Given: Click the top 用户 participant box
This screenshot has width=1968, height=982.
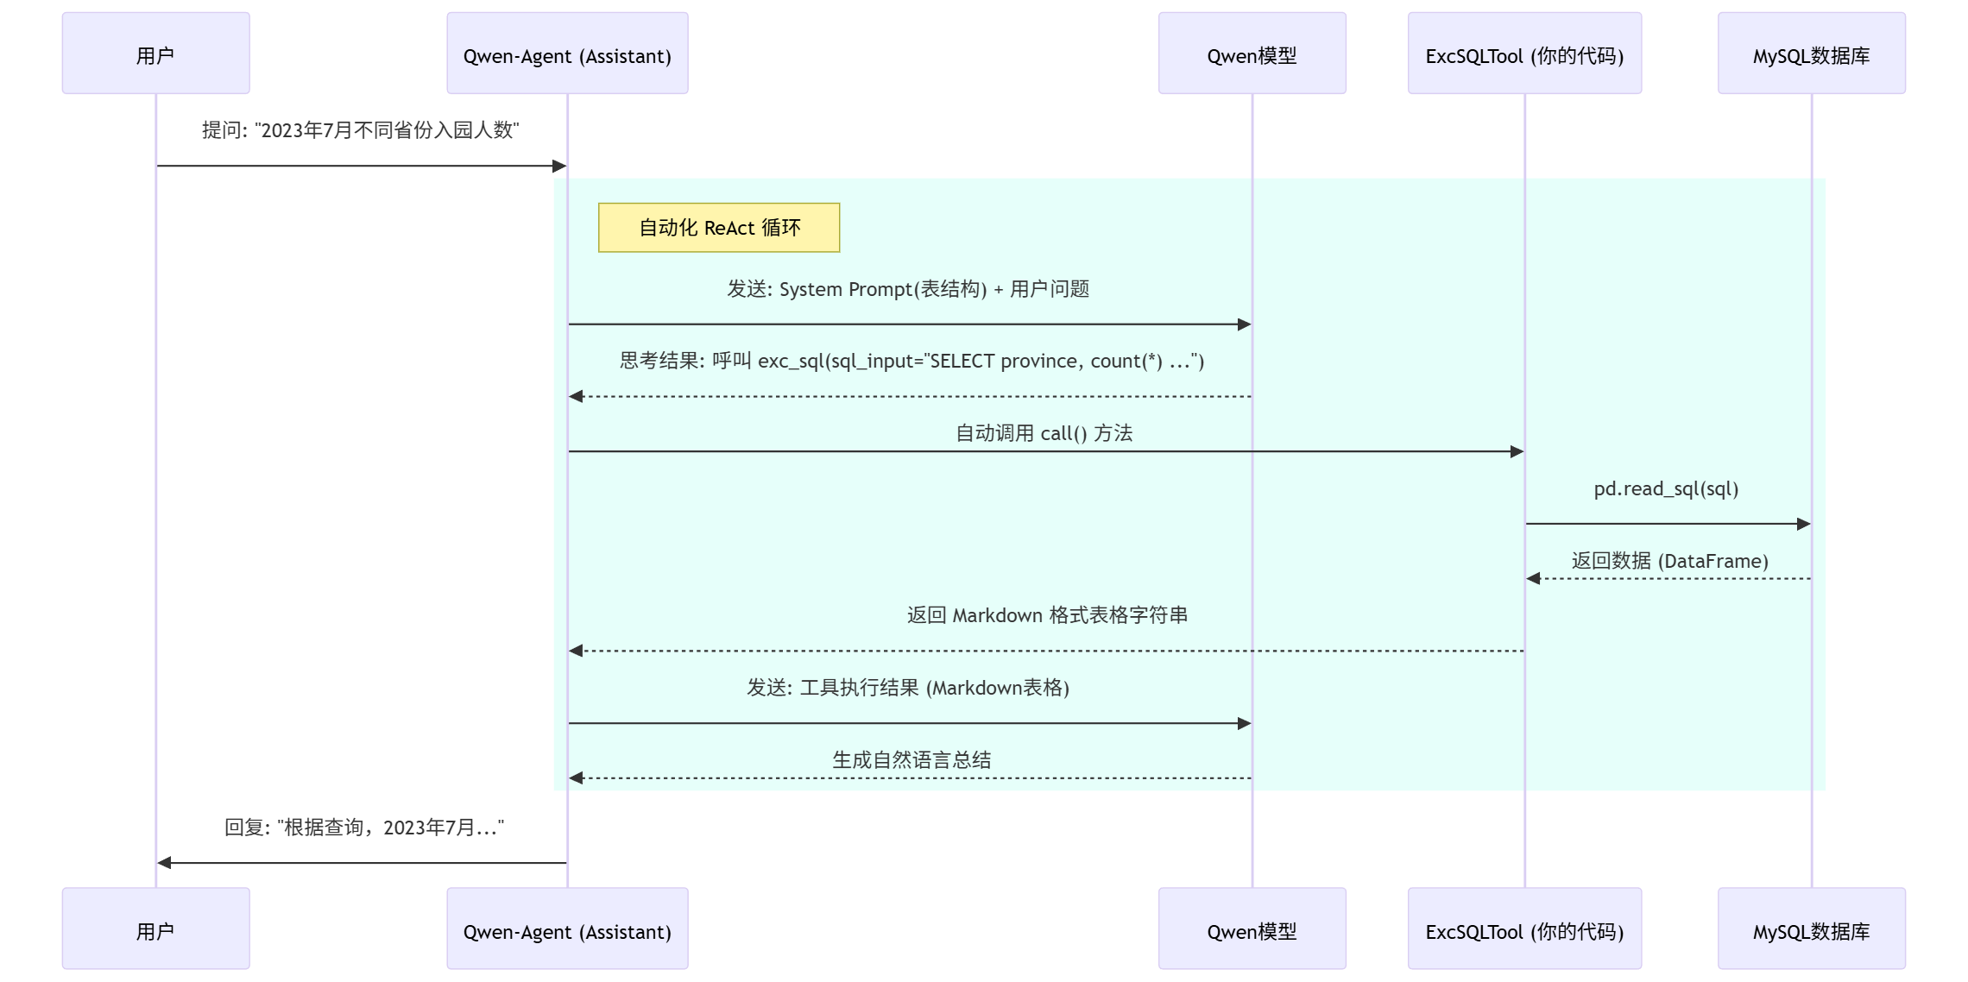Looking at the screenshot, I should click(x=155, y=54).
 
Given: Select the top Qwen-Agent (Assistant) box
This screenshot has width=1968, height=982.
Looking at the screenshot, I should click(x=567, y=54).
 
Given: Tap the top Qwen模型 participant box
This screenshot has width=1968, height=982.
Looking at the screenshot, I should click(x=1252, y=54).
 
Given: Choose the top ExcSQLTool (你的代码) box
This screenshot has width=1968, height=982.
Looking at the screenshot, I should click(x=1524, y=54).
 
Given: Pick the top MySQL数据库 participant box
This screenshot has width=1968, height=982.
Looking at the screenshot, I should click(x=1811, y=54).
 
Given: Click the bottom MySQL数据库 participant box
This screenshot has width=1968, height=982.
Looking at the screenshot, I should click(x=1811, y=928).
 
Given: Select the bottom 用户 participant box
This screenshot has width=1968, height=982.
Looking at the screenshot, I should click(x=155, y=928).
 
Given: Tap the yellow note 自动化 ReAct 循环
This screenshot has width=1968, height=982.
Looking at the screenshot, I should click(x=719, y=228).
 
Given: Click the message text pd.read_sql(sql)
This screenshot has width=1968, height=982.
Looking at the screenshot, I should click(x=1666, y=489).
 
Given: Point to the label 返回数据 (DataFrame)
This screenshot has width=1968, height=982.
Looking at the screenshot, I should click(x=1669, y=561).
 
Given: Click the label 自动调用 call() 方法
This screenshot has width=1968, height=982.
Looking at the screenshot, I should click(x=1044, y=433).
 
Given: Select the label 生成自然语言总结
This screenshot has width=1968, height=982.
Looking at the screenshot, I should click(x=911, y=760).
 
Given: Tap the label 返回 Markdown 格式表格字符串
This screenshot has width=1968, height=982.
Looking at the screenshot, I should click(x=1047, y=615).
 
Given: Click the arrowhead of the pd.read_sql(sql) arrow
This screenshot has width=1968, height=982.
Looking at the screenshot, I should click(x=1804, y=524).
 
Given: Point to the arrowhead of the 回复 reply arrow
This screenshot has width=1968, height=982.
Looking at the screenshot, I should click(x=164, y=863).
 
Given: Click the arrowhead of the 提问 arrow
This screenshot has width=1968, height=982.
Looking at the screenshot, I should click(x=559, y=166).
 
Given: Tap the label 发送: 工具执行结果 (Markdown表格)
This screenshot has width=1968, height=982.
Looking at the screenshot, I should click(x=908, y=688).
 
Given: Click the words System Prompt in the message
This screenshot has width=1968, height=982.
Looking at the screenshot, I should click(x=845, y=289).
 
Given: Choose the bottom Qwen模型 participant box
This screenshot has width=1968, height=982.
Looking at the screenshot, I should click(x=1252, y=928).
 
